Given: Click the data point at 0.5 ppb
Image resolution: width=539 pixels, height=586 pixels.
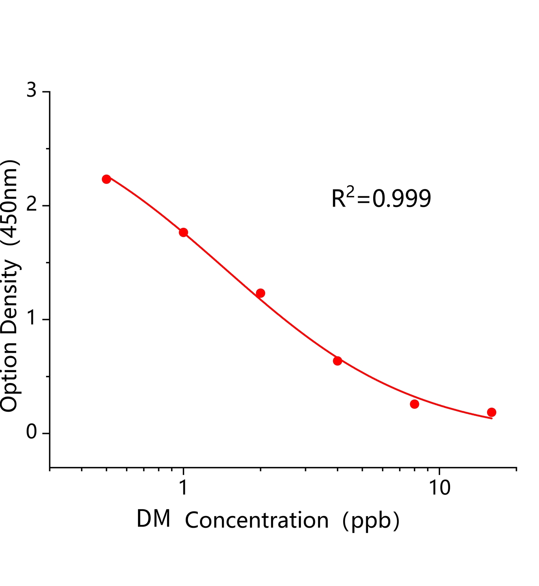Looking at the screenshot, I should pyautogui.click(x=107, y=179).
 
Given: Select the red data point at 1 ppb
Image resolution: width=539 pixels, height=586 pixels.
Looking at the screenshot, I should pyautogui.click(x=183, y=232).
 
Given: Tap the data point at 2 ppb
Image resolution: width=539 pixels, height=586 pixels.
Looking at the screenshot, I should pyautogui.click(x=260, y=293).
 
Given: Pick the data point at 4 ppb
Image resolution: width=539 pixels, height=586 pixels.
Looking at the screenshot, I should pyautogui.click(x=338, y=361).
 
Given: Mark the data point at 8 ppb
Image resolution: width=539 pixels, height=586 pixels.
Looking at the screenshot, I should pyautogui.click(x=415, y=404).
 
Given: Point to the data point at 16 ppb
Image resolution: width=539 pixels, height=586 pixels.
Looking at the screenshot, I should pyautogui.click(x=492, y=412).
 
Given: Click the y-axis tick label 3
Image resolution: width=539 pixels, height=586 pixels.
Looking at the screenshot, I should pyautogui.click(x=32, y=90).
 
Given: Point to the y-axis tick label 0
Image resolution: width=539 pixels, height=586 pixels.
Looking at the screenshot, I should pyautogui.click(x=32, y=433).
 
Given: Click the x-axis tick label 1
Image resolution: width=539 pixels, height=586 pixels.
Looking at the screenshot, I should pyautogui.click(x=183, y=487).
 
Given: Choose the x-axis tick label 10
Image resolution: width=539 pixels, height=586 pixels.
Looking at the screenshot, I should pyautogui.click(x=439, y=487).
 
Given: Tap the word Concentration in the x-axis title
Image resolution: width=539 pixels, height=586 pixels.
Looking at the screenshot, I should pyautogui.click(x=257, y=520).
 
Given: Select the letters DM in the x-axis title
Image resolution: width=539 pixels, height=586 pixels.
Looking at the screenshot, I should pyautogui.click(x=153, y=519).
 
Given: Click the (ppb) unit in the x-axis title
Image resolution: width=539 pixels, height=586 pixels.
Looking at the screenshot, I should pyautogui.click(x=371, y=520).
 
